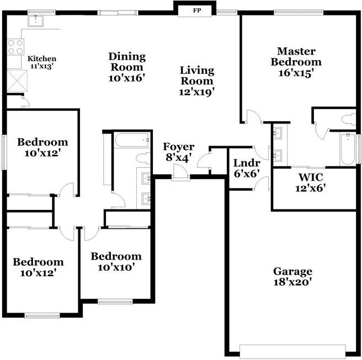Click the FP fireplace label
point(196,10)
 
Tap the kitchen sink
point(36,20)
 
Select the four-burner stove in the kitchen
point(15,47)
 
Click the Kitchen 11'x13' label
point(42,62)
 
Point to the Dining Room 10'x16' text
point(127,67)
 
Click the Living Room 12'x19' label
point(197,81)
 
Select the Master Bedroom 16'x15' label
point(296,62)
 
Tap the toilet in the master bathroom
point(349,120)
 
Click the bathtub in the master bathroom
point(348,149)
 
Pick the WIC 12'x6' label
point(311,183)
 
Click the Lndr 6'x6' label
point(247,168)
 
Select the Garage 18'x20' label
point(292,277)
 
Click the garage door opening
point(292,351)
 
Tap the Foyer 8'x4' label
point(178,152)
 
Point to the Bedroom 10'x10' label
point(116,262)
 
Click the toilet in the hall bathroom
point(143,158)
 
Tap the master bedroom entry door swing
point(254,116)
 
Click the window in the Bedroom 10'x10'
point(115,302)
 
